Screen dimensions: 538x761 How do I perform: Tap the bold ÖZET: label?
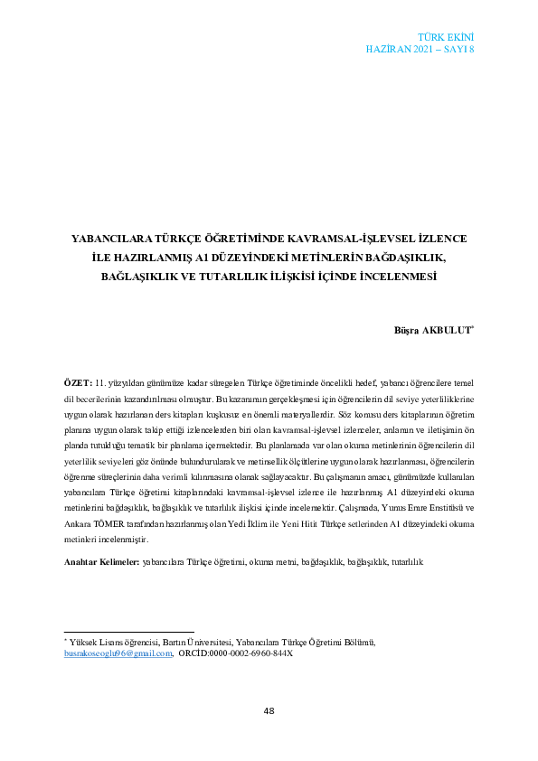point(79,384)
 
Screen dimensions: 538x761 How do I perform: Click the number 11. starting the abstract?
point(101,384)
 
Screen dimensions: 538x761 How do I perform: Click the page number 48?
point(269,710)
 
